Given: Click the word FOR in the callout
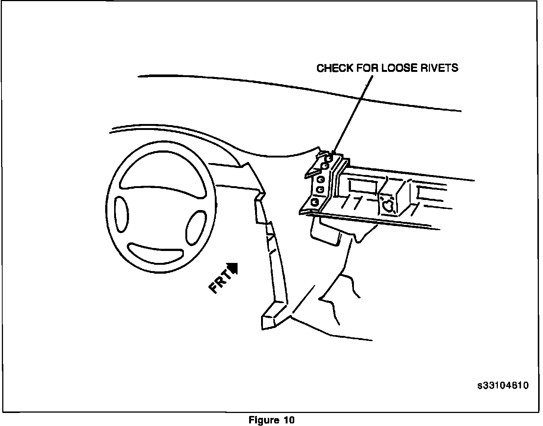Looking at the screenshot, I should click(368, 68).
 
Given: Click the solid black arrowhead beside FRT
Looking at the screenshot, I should click(233, 267).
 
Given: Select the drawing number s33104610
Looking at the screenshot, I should click(503, 385).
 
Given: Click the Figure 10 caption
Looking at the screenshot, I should click(271, 420).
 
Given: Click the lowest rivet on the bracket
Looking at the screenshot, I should click(314, 202).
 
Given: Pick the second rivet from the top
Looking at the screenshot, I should click(325, 165).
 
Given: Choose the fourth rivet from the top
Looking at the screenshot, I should click(320, 190).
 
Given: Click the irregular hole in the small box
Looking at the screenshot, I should click(388, 205).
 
